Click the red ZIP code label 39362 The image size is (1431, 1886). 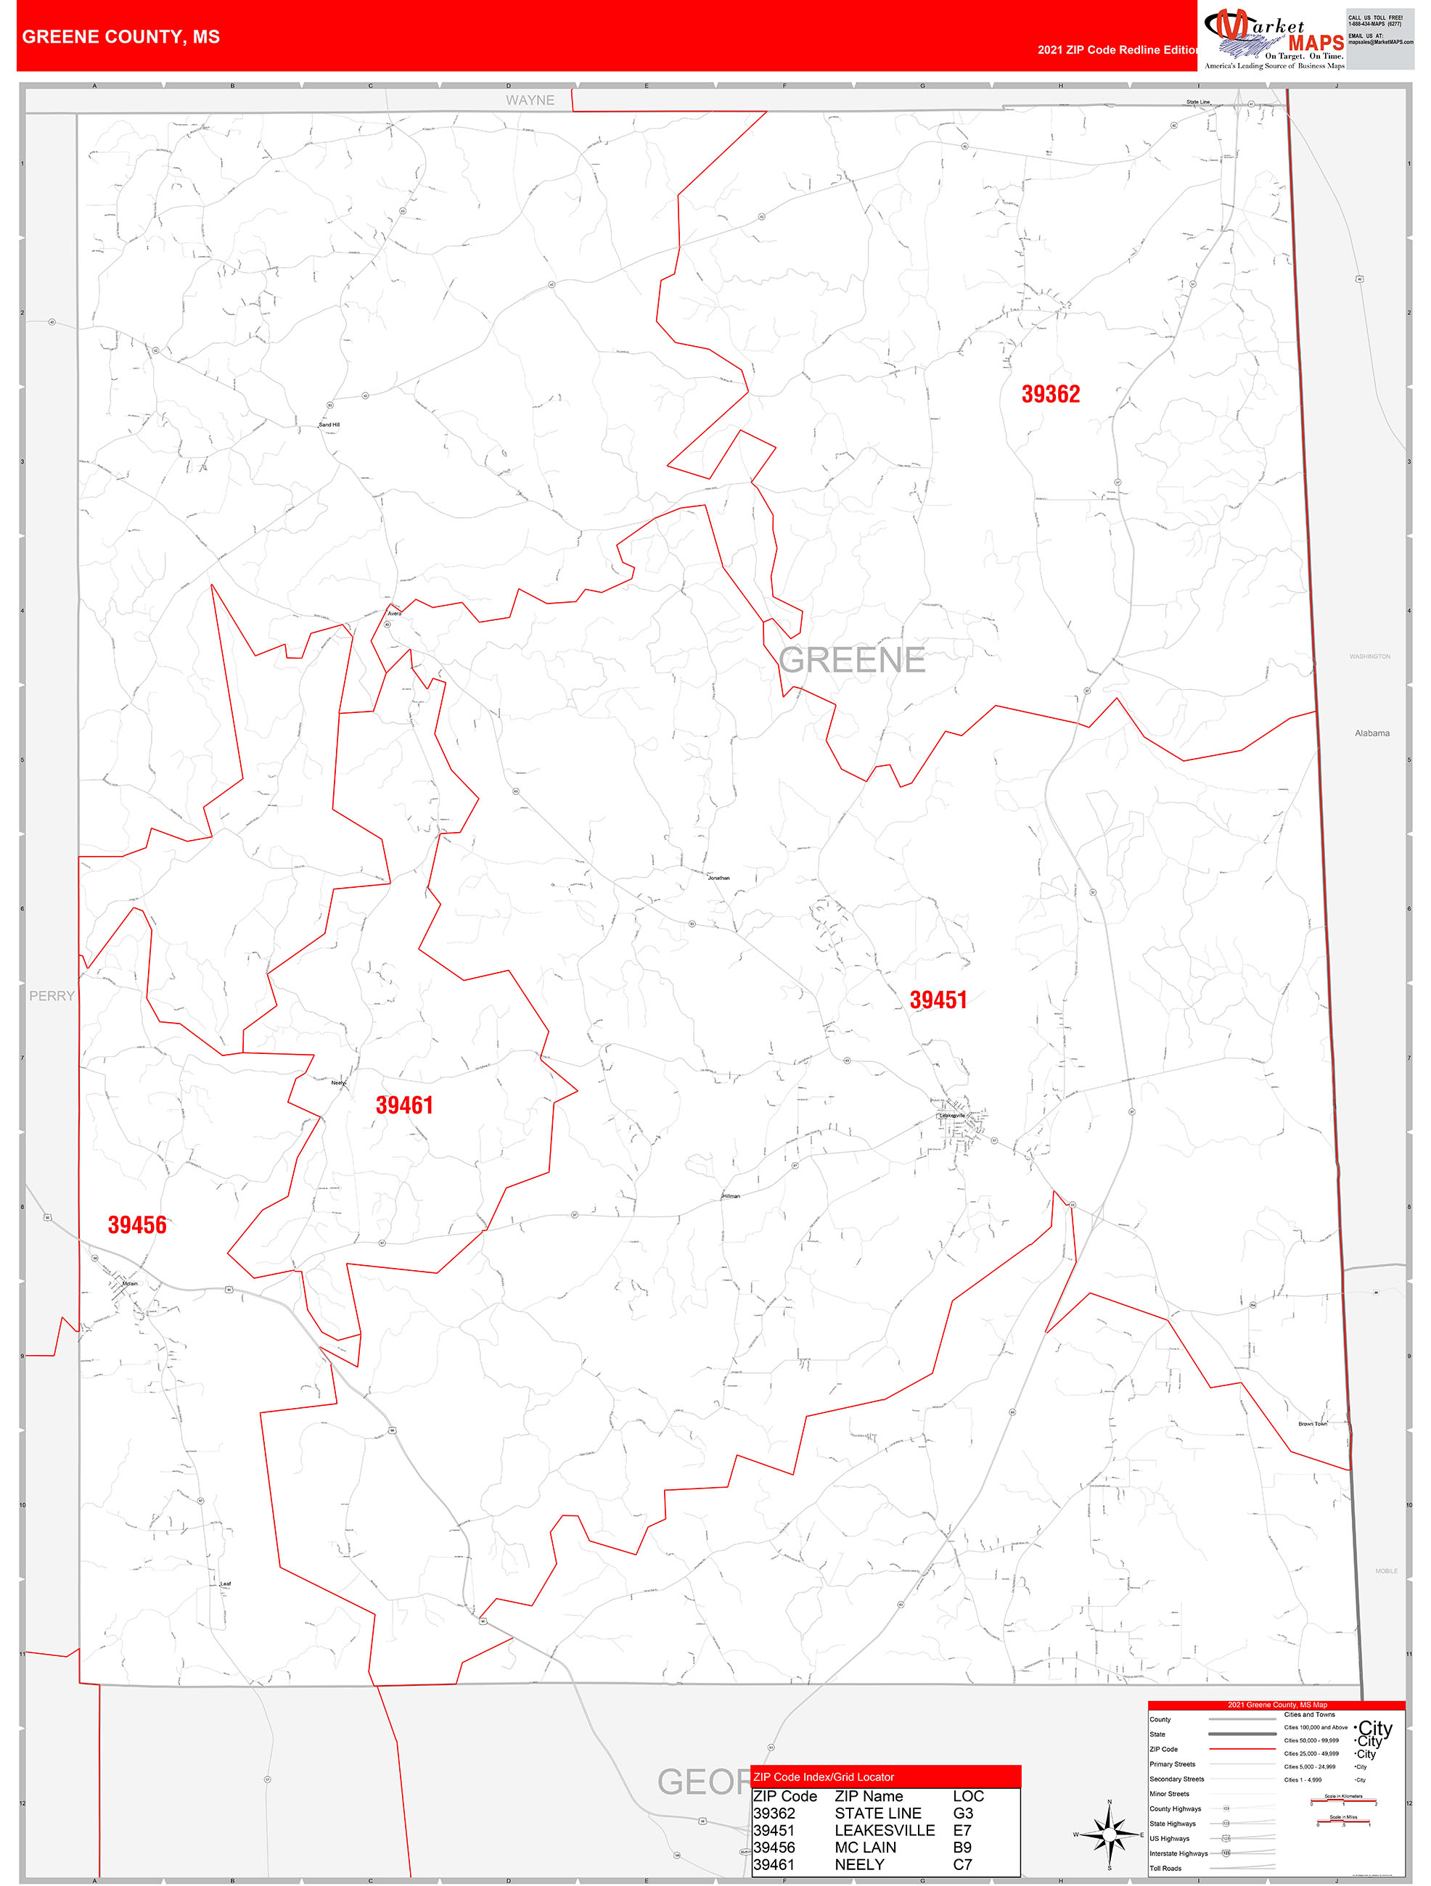click(1050, 394)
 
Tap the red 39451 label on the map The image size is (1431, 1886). click(938, 1000)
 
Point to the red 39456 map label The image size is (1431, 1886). click(136, 1225)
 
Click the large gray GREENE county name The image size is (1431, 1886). click(852, 660)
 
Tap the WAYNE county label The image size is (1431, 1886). click(530, 101)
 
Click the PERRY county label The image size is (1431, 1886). click(52, 996)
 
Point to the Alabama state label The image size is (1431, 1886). click(1371, 733)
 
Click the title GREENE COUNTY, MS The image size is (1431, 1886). click(121, 37)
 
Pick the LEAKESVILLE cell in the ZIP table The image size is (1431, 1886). click(885, 1829)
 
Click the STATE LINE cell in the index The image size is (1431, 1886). click(877, 1813)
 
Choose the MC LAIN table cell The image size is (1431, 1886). click(865, 1847)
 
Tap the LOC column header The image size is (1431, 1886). click(968, 1795)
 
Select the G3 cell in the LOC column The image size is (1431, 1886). click(963, 1813)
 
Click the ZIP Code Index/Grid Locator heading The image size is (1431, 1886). click(823, 1777)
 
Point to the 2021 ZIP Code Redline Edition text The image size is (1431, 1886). click(1118, 49)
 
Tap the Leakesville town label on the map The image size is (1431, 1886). click(952, 1115)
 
